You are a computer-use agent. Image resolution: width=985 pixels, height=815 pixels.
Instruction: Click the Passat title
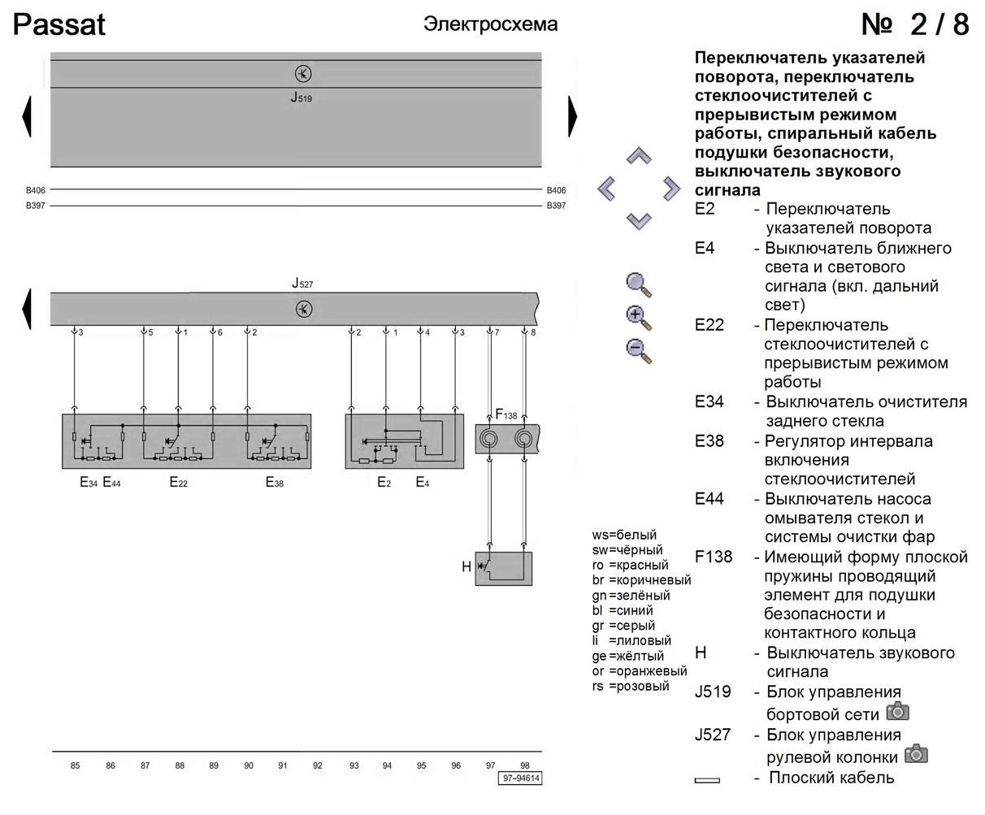click(59, 25)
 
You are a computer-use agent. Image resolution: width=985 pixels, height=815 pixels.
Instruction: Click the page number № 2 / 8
click(915, 24)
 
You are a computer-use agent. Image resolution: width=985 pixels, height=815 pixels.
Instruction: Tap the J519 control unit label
click(302, 99)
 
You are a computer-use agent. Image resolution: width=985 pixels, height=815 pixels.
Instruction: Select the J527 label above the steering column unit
click(302, 284)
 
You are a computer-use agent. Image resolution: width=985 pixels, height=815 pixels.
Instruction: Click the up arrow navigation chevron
click(640, 156)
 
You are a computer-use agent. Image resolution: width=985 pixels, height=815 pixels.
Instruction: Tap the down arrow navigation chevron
click(640, 219)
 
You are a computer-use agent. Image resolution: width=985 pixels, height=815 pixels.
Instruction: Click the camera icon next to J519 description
click(897, 712)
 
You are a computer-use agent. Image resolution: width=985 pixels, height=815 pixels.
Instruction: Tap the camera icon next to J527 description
click(916, 753)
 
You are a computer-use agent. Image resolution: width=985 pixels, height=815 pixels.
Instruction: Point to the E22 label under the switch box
click(178, 483)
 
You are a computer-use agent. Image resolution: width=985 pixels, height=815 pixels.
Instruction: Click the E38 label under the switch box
click(275, 483)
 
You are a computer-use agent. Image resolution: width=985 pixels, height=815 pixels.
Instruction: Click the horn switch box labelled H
click(503, 568)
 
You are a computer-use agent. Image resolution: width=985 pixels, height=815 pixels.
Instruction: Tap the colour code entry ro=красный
click(631, 565)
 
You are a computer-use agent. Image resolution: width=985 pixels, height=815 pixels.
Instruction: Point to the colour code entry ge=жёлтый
click(628, 656)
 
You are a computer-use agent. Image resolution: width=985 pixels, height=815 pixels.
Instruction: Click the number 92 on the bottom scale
click(318, 765)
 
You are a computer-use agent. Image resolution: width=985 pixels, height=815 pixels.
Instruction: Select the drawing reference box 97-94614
click(521, 778)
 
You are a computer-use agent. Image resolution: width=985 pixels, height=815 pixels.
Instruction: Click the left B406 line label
click(35, 190)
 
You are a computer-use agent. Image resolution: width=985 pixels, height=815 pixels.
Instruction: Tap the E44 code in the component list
click(709, 499)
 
